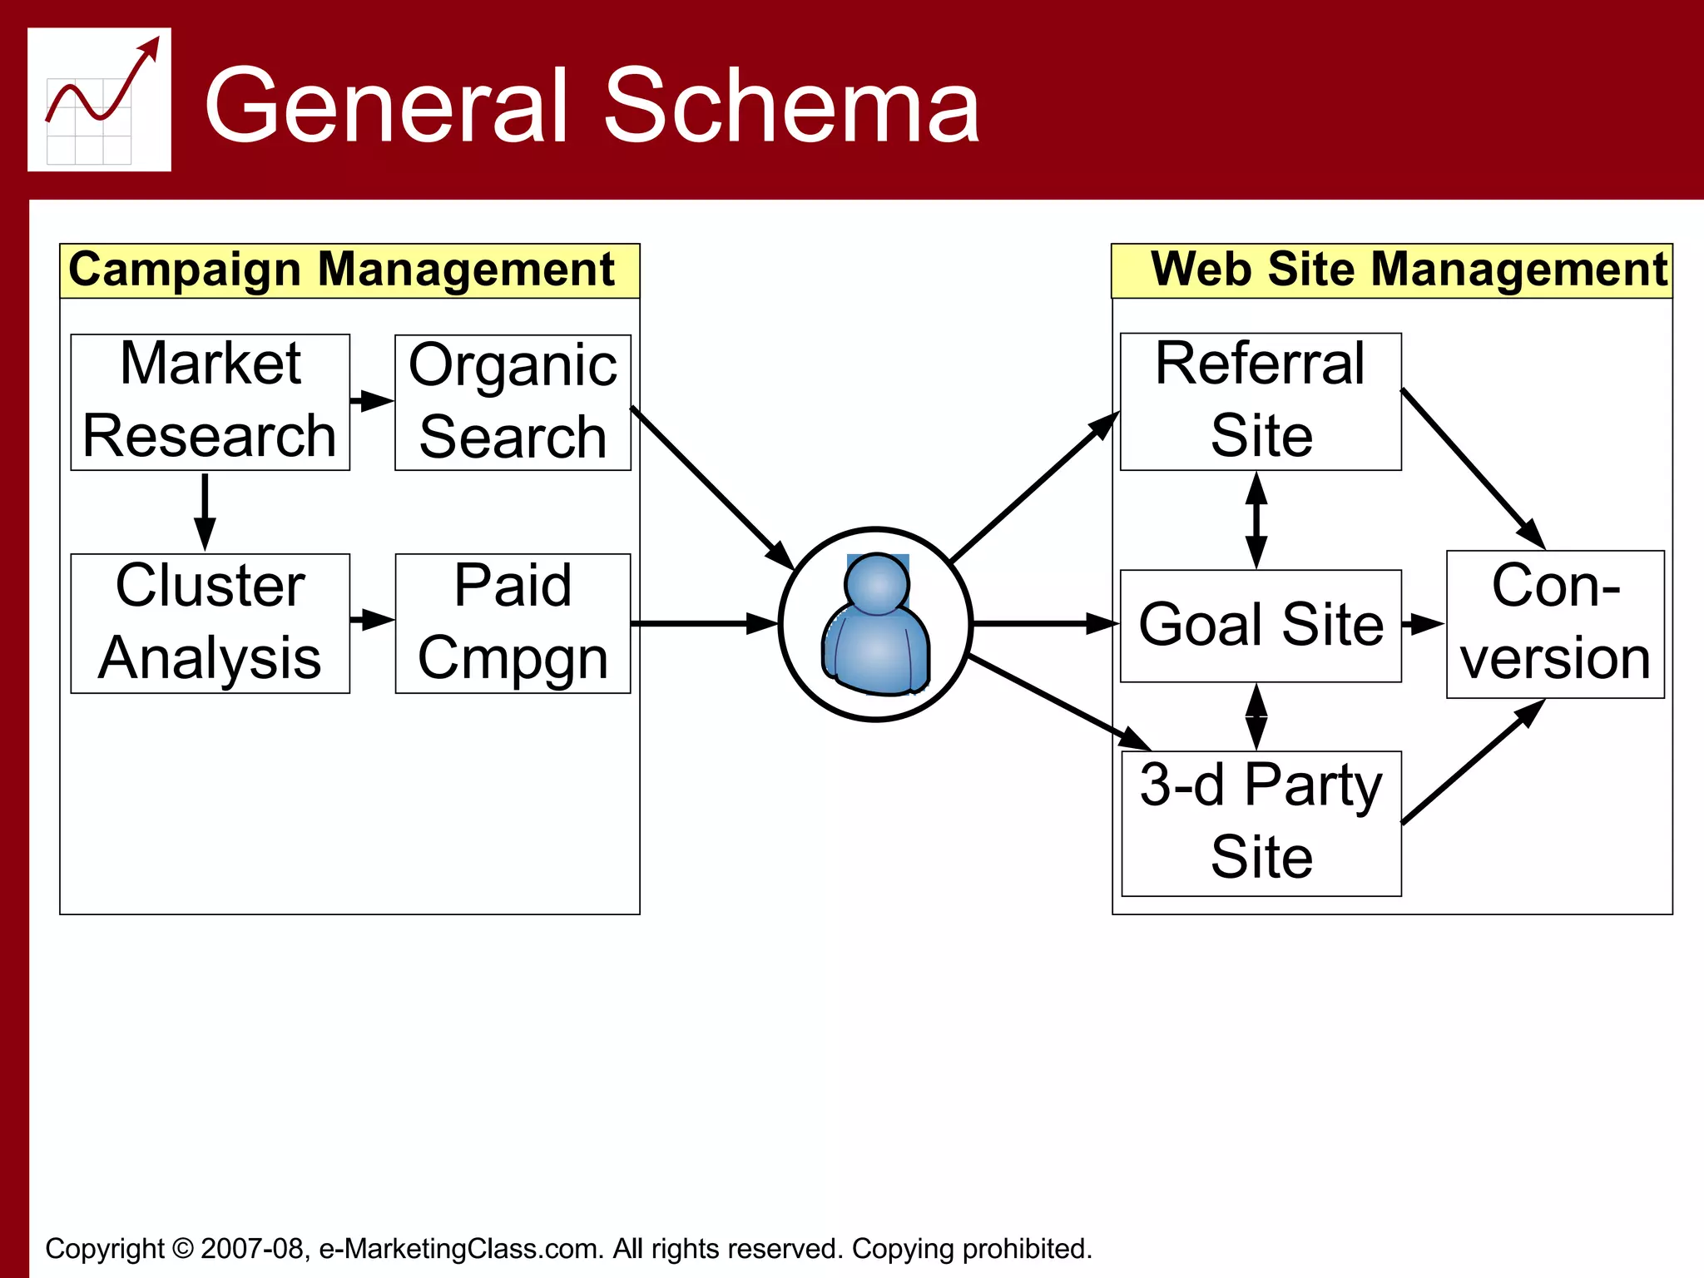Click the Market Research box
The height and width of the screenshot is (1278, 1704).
(x=210, y=402)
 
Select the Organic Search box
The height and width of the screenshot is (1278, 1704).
(x=513, y=402)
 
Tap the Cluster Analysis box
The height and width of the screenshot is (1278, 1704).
(x=210, y=623)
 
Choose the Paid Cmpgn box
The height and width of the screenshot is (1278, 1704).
(x=513, y=623)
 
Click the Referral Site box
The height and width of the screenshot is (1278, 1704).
(x=1260, y=401)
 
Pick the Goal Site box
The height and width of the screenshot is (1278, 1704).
(x=1260, y=625)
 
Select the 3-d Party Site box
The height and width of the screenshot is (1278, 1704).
(x=1260, y=823)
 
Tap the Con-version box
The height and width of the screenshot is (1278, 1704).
(x=1554, y=623)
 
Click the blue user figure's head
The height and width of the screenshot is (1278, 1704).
(x=876, y=582)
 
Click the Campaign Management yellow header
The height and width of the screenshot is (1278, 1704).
(x=349, y=270)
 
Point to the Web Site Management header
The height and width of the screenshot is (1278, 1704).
(x=1391, y=270)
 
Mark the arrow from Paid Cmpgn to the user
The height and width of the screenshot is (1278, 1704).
(x=703, y=623)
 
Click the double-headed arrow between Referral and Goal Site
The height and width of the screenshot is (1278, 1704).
(x=1256, y=520)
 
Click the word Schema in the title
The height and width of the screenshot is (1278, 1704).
(x=790, y=106)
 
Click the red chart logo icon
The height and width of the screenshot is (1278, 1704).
(x=99, y=99)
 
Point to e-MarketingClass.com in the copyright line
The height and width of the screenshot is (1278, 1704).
(x=460, y=1249)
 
